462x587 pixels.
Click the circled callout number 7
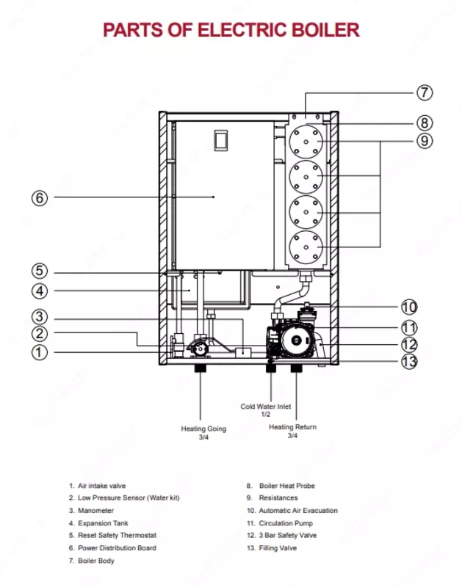(x=424, y=93)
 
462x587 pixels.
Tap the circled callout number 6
(x=40, y=197)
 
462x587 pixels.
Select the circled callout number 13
(x=409, y=360)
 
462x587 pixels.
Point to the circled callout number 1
(x=40, y=352)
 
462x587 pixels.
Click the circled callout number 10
(x=409, y=307)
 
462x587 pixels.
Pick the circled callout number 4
(x=40, y=291)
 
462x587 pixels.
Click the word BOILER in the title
(x=322, y=30)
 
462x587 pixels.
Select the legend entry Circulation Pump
(x=285, y=523)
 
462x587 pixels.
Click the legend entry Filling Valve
(x=278, y=548)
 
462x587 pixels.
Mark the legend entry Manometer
(x=96, y=511)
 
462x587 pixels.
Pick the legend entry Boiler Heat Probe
(x=287, y=486)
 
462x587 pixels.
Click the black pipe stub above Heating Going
(x=200, y=367)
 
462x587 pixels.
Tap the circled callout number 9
(x=424, y=140)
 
